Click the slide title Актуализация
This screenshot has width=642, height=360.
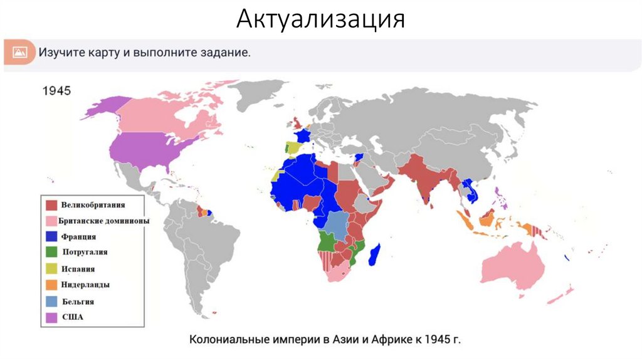[x=320, y=19]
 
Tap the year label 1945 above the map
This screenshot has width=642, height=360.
[x=56, y=90]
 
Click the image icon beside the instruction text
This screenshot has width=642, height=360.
[x=19, y=52]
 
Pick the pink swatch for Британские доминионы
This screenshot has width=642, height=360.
[x=51, y=221]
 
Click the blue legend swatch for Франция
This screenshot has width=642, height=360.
[x=51, y=237]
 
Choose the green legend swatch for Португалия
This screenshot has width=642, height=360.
[x=51, y=253]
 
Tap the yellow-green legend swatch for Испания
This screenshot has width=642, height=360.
[x=51, y=269]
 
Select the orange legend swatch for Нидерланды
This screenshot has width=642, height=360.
[x=51, y=285]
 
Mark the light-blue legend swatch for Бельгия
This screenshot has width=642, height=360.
[x=51, y=302]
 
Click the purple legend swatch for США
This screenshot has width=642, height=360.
[x=51, y=317]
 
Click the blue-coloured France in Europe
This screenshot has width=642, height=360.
[x=303, y=136]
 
